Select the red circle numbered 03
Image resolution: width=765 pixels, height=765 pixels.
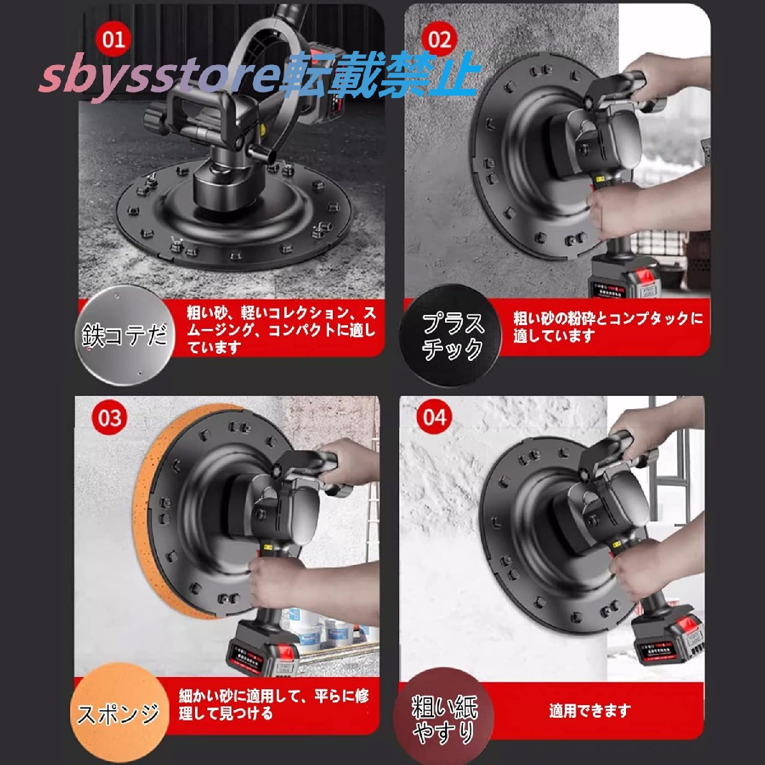(110, 418)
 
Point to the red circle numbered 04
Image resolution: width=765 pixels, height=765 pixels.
(434, 418)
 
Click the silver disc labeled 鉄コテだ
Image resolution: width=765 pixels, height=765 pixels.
(125, 335)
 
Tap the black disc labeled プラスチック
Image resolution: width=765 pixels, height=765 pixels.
(451, 336)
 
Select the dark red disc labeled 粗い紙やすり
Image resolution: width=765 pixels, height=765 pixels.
(444, 717)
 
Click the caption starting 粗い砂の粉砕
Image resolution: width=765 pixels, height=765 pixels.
(608, 327)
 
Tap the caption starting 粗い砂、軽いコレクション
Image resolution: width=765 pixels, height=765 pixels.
(282, 330)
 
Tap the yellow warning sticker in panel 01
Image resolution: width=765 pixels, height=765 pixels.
(263, 129)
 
